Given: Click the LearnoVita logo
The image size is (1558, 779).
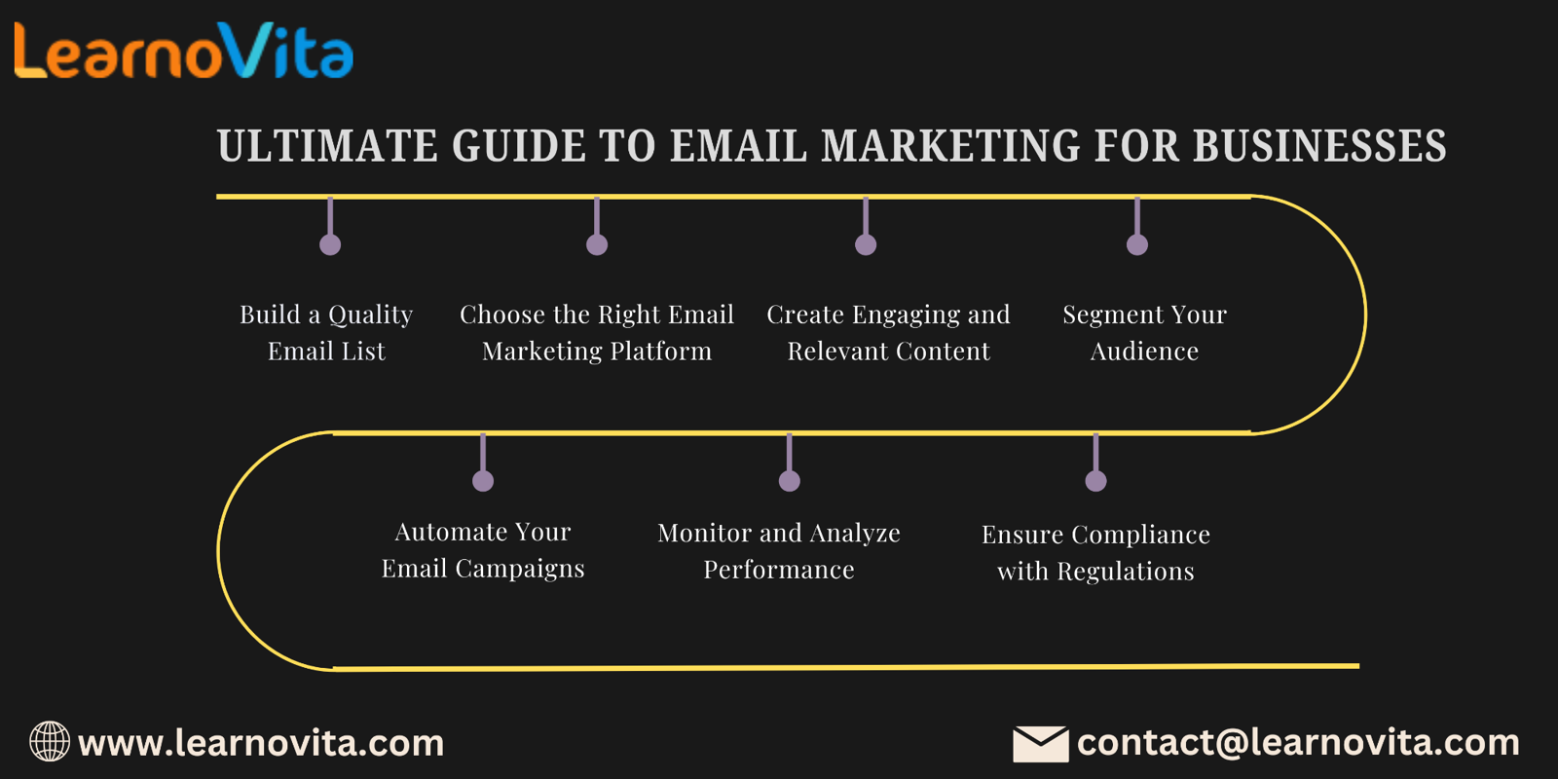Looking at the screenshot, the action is (x=184, y=50).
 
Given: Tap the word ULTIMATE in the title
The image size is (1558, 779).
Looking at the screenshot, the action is (x=327, y=145).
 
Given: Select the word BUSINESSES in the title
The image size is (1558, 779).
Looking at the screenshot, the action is (x=1320, y=145).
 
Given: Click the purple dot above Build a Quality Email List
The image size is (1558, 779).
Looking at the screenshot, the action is (x=330, y=244).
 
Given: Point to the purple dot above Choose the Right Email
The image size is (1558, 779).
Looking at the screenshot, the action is (x=597, y=244).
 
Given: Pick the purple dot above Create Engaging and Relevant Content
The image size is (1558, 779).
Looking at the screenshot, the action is (x=866, y=244).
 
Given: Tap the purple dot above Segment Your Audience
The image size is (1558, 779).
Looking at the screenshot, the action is (x=1137, y=244).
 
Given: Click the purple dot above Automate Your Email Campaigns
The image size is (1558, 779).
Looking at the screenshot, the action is (x=483, y=481).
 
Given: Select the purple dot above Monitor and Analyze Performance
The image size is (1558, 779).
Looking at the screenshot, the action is (x=790, y=481).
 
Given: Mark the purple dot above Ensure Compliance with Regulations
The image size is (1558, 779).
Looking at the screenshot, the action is (x=1096, y=481).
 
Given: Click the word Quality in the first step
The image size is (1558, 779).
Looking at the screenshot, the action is (x=370, y=315).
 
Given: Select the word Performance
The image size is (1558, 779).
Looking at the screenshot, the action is (x=779, y=570).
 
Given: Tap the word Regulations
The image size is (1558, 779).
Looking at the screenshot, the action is (x=1126, y=572).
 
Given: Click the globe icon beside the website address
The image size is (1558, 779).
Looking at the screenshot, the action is (x=50, y=741).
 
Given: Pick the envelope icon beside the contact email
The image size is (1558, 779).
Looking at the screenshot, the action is (x=1041, y=744).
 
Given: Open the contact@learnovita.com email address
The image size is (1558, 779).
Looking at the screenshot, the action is (x=1298, y=743).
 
